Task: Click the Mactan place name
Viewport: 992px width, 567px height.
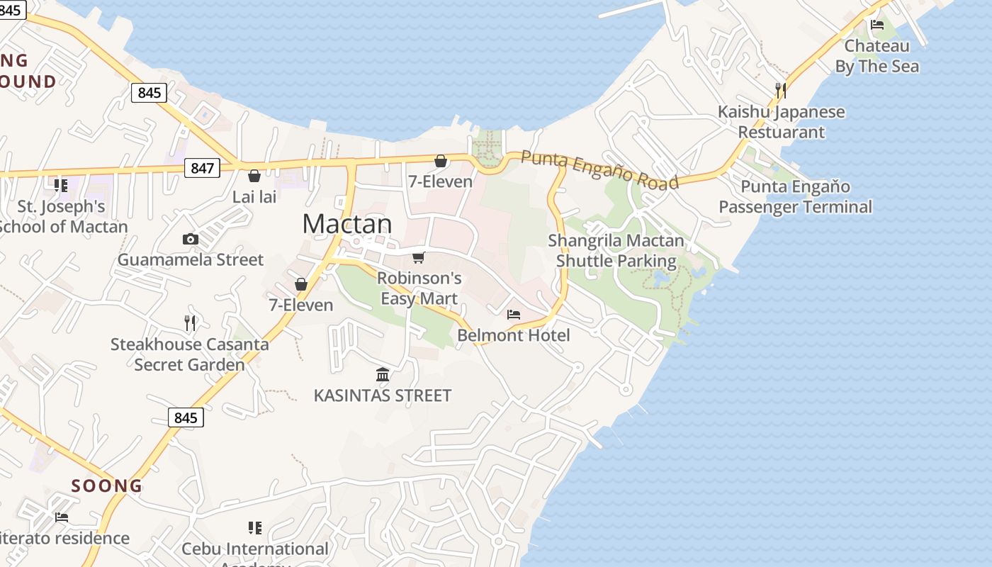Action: pyautogui.click(x=346, y=224)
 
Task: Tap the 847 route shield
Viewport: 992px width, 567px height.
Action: pyautogui.click(x=202, y=168)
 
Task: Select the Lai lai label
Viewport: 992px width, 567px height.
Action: pyautogui.click(x=254, y=196)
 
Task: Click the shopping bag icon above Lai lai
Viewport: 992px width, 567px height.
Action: pyautogui.click(x=254, y=175)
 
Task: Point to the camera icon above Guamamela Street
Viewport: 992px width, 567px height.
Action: pyautogui.click(x=190, y=240)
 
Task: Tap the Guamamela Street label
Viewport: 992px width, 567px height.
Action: pyautogui.click(x=190, y=259)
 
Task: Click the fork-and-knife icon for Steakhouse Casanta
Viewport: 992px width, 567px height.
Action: pyautogui.click(x=190, y=323)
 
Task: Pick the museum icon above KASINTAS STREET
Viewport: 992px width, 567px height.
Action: pyautogui.click(x=383, y=374)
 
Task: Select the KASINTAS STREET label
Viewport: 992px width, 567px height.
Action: pyautogui.click(x=383, y=395)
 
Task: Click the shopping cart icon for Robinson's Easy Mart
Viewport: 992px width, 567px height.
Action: pyautogui.click(x=419, y=257)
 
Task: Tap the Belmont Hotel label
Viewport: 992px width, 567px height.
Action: pyautogui.click(x=514, y=335)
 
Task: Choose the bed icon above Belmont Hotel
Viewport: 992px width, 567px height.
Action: pyautogui.click(x=514, y=314)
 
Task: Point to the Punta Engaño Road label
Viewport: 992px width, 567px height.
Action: pyautogui.click(x=599, y=169)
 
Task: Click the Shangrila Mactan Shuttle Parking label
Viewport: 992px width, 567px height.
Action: pyautogui.click(x=616, y=251)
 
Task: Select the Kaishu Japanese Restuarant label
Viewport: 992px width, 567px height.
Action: pyautogui.click(x=781, y=122)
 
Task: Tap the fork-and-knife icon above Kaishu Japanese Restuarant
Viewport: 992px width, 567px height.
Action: pyautogui.click(x=780, y=90)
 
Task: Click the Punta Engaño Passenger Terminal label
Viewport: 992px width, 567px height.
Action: pyautogui.click(x=795, y=196)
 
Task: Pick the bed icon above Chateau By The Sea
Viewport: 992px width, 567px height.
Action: pyautogui.click(x=877, y=26)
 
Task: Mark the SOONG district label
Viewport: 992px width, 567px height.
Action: pyautogui.click(x=107, y=485)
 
